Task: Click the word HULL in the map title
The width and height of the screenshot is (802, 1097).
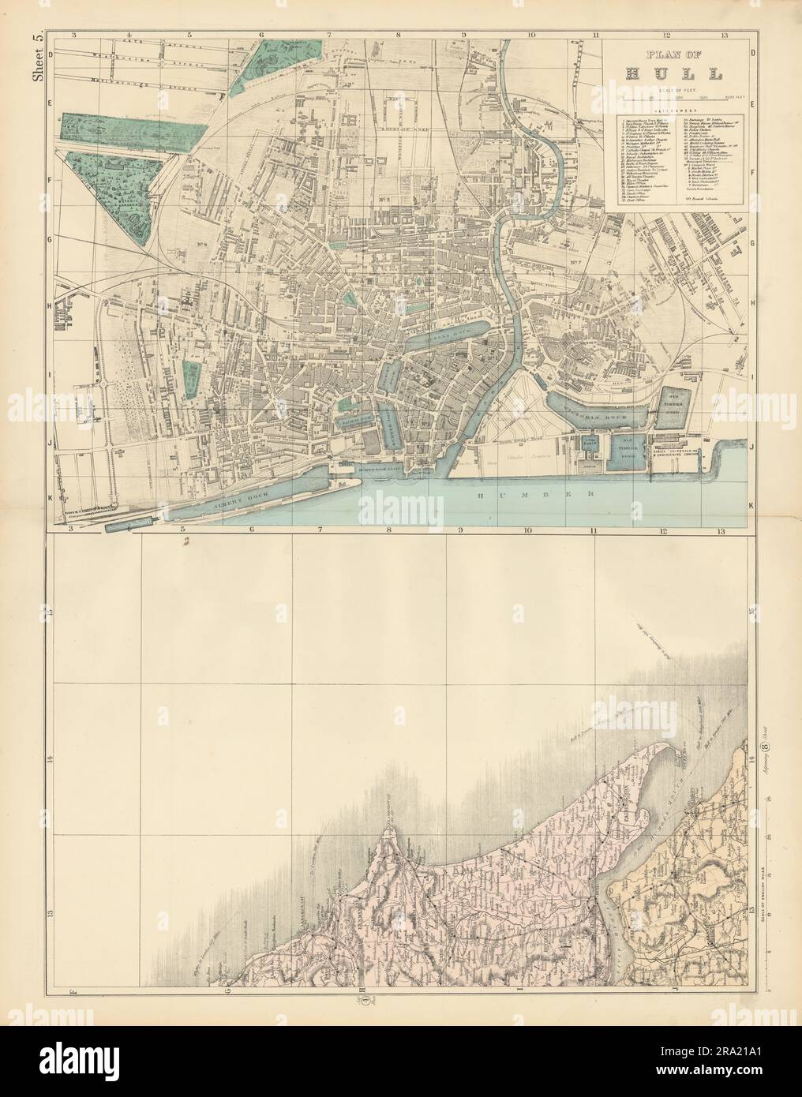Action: click(673, 75)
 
